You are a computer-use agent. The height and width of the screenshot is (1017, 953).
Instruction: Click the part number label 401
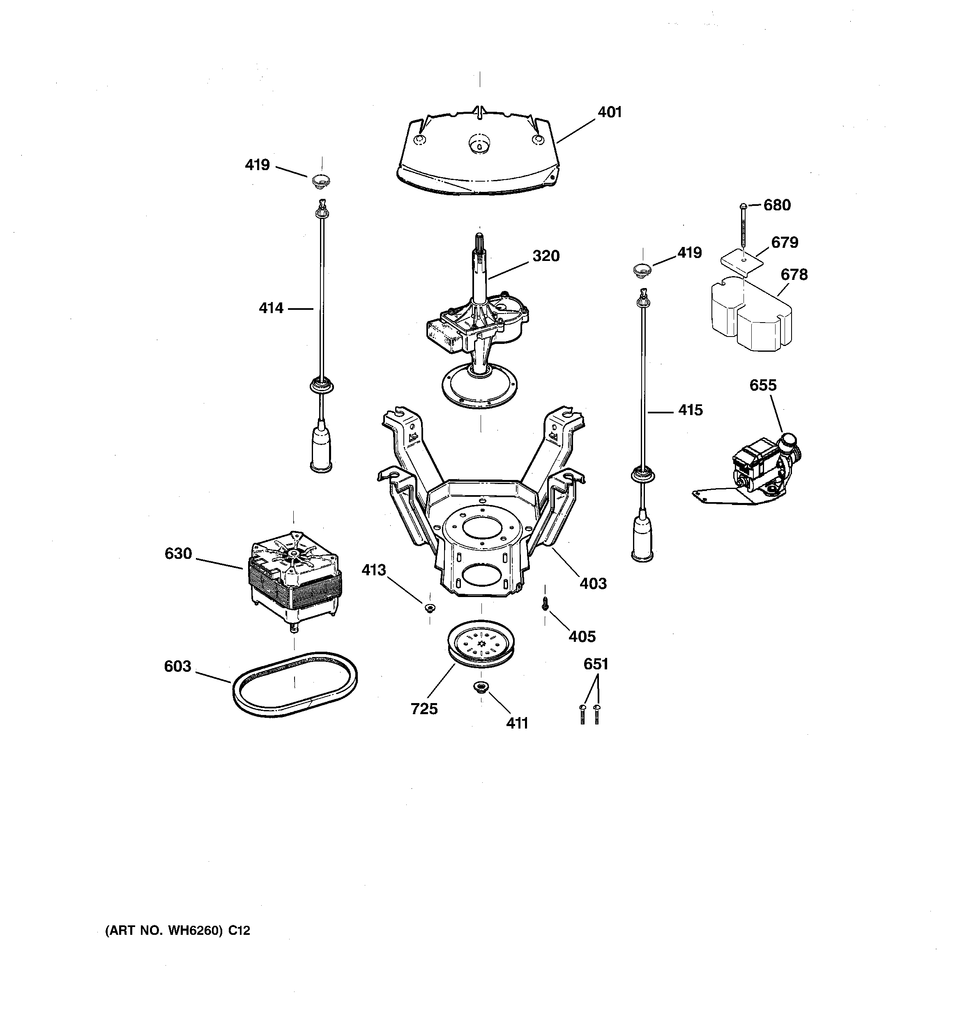(609, 112)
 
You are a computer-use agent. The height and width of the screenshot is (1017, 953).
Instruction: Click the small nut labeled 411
(481, 687)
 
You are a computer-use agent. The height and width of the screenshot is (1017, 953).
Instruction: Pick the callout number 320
(546, 256)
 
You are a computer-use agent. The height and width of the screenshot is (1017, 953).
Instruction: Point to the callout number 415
(690, 410)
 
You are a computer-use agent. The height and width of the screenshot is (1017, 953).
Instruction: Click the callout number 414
(271, 308)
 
